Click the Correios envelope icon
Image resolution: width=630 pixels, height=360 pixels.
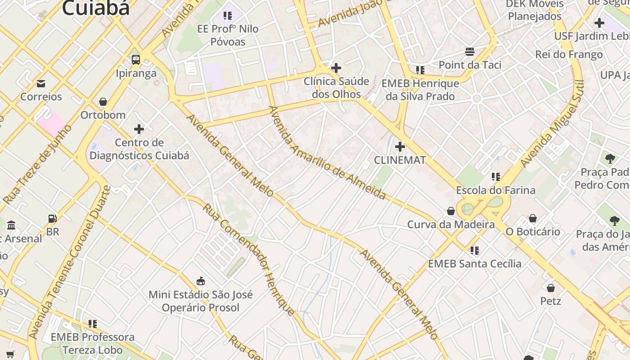41,83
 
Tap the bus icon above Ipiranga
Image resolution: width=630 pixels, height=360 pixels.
135,59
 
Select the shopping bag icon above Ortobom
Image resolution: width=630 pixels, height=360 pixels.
103,102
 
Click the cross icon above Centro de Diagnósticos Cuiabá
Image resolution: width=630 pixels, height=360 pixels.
139,130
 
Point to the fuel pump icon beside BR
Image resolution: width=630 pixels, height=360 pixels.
53,219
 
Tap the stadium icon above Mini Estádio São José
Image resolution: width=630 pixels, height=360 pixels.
201,281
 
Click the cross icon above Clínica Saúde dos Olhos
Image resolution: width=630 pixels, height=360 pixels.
336,68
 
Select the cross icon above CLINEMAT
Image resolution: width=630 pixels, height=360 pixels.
400,147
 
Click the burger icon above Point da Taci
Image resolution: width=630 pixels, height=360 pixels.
470,51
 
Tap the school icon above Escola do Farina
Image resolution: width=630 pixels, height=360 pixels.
496,177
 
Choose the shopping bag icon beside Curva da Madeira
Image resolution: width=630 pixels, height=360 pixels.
450,211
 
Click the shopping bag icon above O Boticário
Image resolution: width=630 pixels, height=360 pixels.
533,218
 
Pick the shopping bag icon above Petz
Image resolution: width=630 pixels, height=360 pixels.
551,288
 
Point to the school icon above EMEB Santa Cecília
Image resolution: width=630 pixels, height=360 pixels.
475,250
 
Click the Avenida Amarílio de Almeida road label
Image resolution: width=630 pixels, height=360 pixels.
327,153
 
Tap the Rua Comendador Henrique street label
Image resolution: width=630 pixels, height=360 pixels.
248,259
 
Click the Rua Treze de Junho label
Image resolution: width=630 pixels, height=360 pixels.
37,164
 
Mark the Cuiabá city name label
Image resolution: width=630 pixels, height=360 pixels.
96,8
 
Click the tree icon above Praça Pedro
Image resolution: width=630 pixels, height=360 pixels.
610,158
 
